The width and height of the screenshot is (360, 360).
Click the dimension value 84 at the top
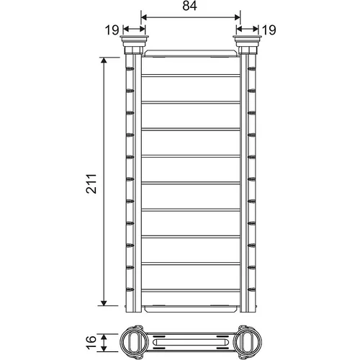click(189, 6)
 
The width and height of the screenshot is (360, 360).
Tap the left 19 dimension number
click(112, 30)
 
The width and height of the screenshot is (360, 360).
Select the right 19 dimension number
click(269, 30)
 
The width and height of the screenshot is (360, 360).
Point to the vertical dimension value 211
click(91, 184)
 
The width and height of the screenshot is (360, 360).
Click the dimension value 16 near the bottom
click(91, 343)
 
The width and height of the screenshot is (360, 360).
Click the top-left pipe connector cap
click(134, 41)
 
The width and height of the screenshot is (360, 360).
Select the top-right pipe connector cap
click(248, 41)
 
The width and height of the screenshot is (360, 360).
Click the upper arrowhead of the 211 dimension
click(104, 60)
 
